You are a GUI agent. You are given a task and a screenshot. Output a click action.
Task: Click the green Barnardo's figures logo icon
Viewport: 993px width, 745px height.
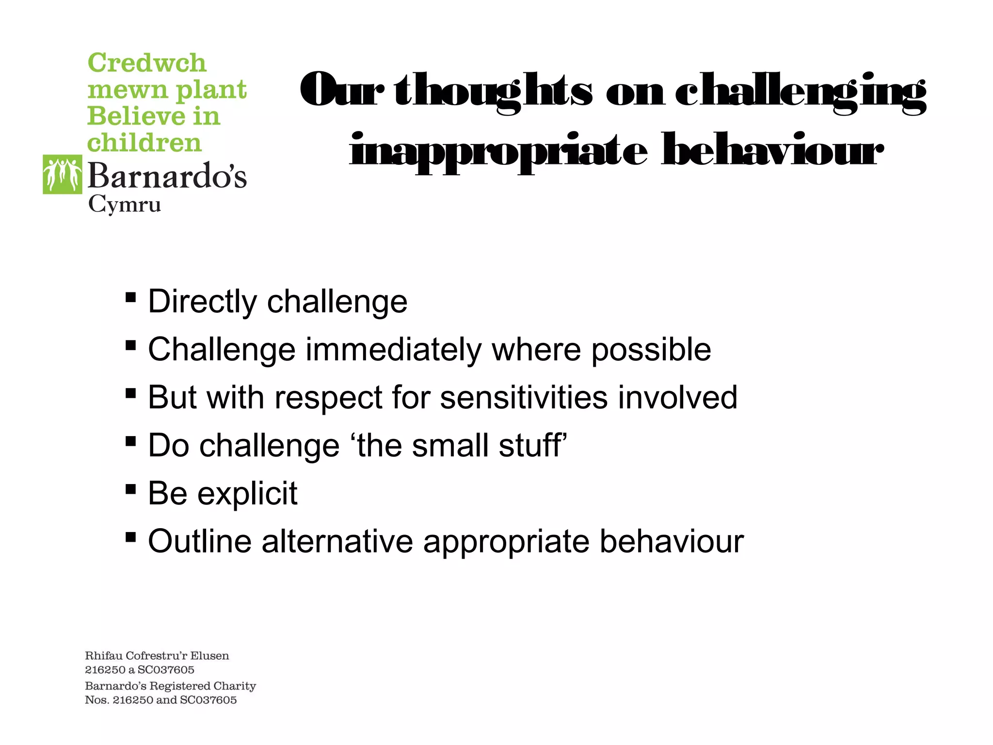tap(63, 175)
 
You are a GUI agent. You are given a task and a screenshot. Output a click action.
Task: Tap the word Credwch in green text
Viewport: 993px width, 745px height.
tap(147, 63)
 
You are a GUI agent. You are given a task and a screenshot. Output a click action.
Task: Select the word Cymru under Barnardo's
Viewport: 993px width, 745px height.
tap(125, 205)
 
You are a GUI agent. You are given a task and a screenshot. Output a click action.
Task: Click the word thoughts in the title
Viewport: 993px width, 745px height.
tap(493, 91)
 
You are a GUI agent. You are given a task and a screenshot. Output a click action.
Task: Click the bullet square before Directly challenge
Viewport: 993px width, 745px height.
tap(130, 296)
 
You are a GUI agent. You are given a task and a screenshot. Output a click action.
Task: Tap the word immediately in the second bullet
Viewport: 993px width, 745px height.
tap(393, 350)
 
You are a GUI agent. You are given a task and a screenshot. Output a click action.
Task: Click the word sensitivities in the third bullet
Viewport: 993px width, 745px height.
tap(524, 398)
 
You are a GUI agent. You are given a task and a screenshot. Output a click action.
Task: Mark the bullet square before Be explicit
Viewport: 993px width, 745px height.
tap(130, 488)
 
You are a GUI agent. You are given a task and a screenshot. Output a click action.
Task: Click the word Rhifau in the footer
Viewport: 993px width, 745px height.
tap(103, 656)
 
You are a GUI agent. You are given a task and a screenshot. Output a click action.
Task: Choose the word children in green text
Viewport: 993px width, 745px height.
tap(144, 143)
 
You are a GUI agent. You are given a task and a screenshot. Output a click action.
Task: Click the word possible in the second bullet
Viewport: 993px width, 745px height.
tap(651, 350)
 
